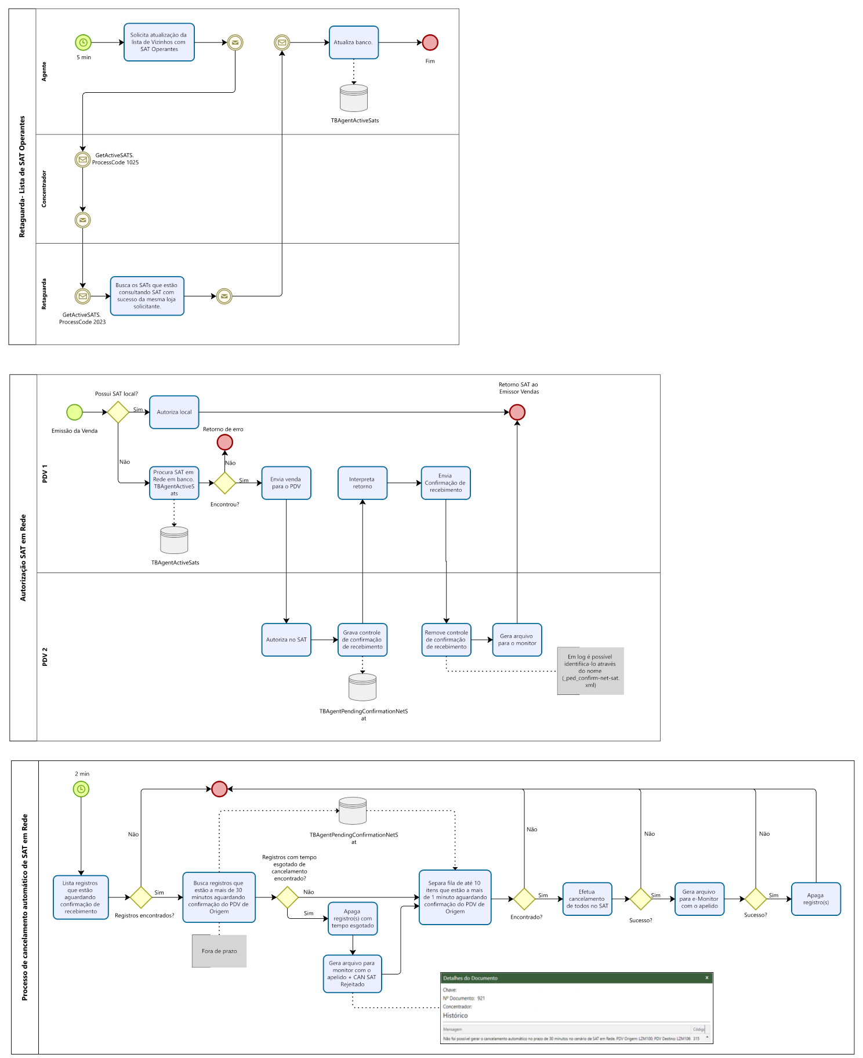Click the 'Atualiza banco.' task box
tap(353, 42)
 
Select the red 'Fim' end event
tap(430, 42)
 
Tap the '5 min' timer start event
tap(83, 42)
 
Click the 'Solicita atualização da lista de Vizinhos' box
tap(159, 42)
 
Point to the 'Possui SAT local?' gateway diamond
tap(118, 412)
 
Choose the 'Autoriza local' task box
tap(174, 412)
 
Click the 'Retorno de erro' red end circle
tap(225, 443)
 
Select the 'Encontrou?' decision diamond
tap(225, 483)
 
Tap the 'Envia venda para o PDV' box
tap(286, 483)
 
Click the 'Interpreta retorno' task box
tap(362, 483)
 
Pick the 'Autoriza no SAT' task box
tap(286, 640)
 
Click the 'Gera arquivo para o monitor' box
tap(517, 640)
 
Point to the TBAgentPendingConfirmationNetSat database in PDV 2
tap(362, 687)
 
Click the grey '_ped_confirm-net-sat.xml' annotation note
tap(590, 671)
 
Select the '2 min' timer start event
tap(81, 789)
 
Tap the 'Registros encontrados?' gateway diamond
tap(141, 897)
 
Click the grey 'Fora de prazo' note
tap(219, 951)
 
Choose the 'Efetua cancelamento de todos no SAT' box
tap(587, 899)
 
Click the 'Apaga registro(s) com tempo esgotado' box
tap(353, 918)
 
